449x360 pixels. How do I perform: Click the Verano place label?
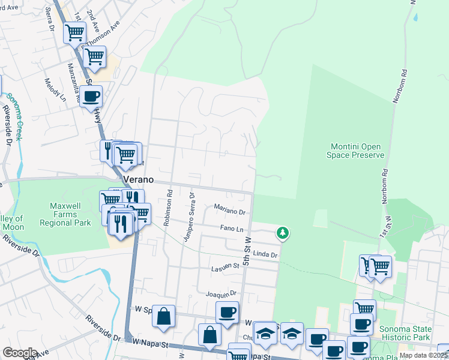(x=139, y=180)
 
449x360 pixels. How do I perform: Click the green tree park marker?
(x=282, y=232)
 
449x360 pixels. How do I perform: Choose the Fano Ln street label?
(x=231, y=229)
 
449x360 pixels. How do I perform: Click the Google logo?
(x=20, y=353)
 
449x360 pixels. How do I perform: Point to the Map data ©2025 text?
(x=424, y=355)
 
